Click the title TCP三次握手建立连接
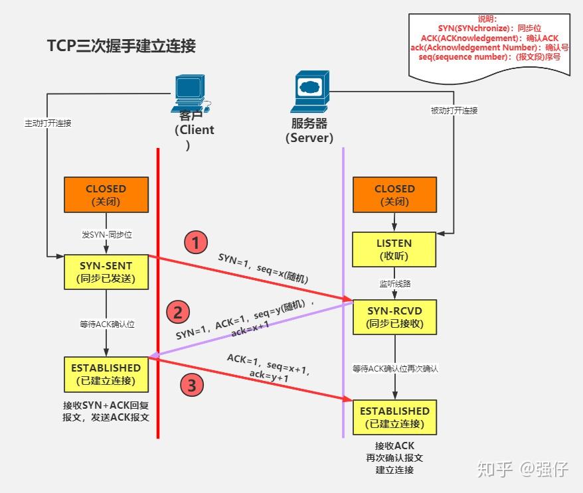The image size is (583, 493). pos(121,46)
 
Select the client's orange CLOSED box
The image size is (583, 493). pos(106,194)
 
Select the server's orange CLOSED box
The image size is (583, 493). pos(394,194)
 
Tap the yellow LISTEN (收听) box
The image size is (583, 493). pos(394,249)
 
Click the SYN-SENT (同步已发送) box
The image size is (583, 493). pos(106,271)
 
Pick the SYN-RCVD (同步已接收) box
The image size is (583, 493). pos(394,317)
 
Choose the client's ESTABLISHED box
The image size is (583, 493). pos(106,374)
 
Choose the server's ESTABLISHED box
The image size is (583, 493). pos(394,417)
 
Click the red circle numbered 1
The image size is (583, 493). pos(195,243)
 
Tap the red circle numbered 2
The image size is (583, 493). pos(177,311)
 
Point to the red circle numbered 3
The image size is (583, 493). pos(191,386)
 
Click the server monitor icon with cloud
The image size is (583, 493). pos(309,93)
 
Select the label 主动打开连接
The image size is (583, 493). pos(48,123)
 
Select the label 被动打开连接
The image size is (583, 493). pos(454,111)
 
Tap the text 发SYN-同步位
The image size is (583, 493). pos(106,235)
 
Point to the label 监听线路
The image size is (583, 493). pos(394,283)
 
